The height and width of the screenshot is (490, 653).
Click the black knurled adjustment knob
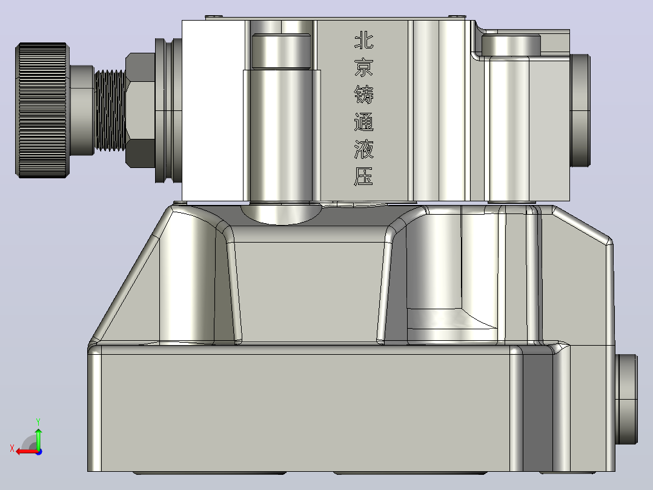tap(42, 110)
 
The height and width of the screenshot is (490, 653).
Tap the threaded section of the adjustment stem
tap(110, 110)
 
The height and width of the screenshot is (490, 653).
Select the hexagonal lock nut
tap(141, 110)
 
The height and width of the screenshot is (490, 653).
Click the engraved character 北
tap(363, 41)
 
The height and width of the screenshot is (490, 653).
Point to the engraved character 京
tap(363, 67)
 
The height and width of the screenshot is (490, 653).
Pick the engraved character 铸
tap(363, 94)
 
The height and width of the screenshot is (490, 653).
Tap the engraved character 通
tap(363, 122)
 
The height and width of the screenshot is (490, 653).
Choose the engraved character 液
tap(363, 149)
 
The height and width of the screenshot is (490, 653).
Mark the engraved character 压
tap(363, 176)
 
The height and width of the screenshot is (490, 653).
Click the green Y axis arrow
tap(38, 438)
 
